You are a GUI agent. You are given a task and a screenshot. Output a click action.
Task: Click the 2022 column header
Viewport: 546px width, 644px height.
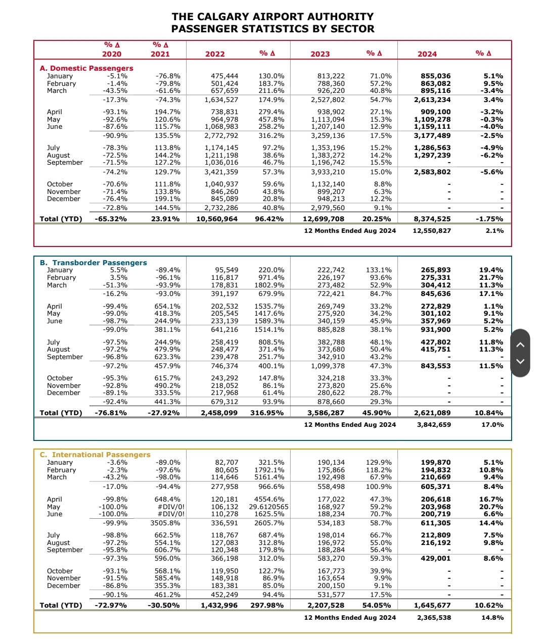pos(215,54)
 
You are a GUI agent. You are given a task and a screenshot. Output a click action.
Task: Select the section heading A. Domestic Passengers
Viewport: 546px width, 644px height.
pos(86,68)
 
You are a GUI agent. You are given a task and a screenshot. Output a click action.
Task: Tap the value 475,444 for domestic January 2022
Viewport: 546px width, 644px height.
pos(224,76)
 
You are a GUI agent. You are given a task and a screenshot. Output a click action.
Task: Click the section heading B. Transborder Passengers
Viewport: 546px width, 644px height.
pos(94,263)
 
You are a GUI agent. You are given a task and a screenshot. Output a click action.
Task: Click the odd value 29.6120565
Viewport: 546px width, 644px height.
pos(268,507)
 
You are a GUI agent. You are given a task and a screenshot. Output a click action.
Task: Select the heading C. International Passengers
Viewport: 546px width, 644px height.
pos(95,455)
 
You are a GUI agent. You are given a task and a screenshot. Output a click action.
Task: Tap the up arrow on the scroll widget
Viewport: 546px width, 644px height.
pos(520,345)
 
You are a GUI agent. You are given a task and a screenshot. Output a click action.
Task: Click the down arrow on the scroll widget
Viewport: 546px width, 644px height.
pos(520,361)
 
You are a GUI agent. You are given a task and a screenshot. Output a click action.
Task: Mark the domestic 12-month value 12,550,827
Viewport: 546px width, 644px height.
pos(432,231)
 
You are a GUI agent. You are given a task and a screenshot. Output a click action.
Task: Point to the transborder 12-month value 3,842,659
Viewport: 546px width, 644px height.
pos(434,425)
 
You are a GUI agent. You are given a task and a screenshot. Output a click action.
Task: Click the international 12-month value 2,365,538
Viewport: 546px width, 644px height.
pos(434,618)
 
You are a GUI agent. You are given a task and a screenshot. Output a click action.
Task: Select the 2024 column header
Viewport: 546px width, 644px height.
pos(427,54)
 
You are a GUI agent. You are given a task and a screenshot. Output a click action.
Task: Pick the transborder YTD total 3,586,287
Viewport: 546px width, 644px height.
pos(326,413)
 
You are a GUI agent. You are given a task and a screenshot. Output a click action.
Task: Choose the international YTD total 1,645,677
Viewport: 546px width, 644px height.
pos(432,606)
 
